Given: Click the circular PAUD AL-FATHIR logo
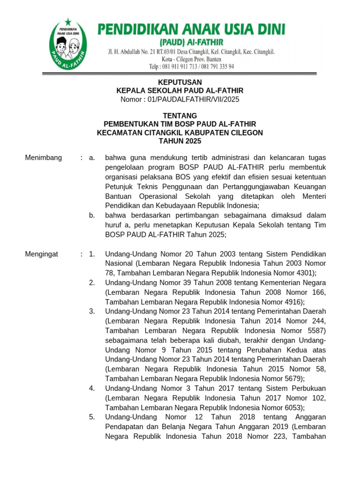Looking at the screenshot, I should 70,45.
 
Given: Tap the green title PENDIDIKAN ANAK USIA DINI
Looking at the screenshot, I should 191,30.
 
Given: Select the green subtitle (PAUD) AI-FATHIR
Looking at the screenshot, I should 191,42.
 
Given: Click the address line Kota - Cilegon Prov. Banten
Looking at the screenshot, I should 191,59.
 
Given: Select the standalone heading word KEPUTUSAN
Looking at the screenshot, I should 180,82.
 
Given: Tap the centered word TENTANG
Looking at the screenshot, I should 180,116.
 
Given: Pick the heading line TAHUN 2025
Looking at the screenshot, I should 180,141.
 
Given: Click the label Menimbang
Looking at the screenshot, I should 43,158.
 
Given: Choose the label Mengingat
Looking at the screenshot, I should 41,254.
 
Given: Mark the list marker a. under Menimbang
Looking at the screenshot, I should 92,158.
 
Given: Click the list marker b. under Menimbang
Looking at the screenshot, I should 92,216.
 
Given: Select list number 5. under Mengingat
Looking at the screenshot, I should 92,417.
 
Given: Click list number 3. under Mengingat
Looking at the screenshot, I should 92,312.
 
